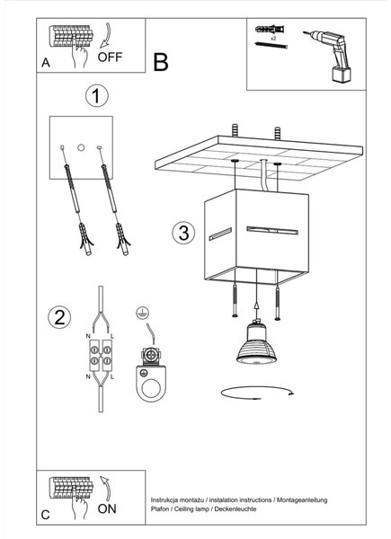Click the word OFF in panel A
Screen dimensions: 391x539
pos(110,57)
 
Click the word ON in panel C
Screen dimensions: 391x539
pos(107,508)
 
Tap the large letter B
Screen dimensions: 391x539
pos(161,62)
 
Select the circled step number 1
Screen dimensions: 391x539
pos(97,96)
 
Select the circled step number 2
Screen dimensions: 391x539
pos(59,317)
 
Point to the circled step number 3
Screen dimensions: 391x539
pos(183,233)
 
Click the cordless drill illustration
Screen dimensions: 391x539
pos(330,55)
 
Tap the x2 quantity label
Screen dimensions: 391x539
pos(273,39)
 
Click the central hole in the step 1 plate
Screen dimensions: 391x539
pos(81,147)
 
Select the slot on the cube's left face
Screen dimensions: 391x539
pos(220,234)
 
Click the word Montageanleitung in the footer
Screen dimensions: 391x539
pos(302,499)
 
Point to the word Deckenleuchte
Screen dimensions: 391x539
pos(235,508)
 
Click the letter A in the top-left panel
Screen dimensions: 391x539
pos(46,63)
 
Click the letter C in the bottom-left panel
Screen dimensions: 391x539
pos(46,515)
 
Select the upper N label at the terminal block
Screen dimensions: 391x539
pos(88,336)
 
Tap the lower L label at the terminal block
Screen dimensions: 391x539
pos(112,377)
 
